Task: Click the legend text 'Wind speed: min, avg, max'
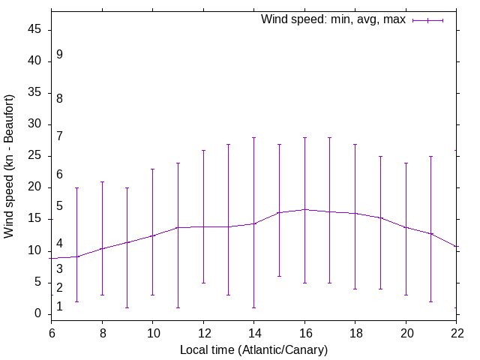click(333, 19)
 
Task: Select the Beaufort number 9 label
click(59, 55)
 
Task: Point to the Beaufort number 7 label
click(59, 136)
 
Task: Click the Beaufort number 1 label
click(59, 306)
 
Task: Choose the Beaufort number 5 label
click(59, 206)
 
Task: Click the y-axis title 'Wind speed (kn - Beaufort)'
click(10, 166)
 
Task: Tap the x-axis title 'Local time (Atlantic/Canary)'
click(253, 349)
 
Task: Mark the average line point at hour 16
click(304, 209)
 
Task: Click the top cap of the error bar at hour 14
click(254, 137)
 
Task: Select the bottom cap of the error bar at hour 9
click(127, 307)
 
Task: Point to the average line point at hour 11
click(178, 227)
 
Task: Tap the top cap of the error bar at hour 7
click(77, 187)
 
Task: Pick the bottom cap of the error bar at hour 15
click(279, 276)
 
